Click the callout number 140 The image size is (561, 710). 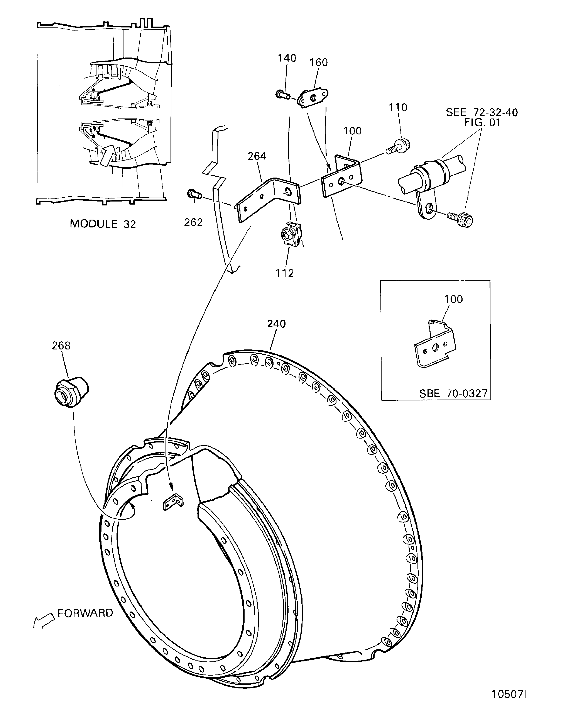point(287,58)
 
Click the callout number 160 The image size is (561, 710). point(319,63)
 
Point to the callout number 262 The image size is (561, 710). point(193,222)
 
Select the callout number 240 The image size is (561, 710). point(277,324)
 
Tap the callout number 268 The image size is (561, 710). point(61,346)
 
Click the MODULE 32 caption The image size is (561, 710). point(103,224)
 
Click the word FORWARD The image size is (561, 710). point(85,613)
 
